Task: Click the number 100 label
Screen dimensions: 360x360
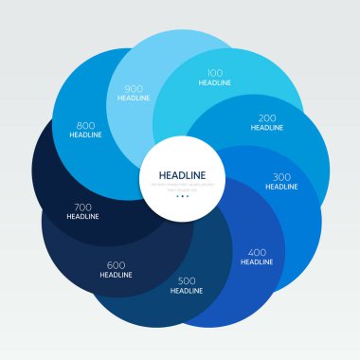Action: click(214, 73)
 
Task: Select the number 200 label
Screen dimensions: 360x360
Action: click(267, 119)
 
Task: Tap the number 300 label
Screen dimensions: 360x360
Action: click(281, 176)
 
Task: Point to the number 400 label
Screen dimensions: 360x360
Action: click(257, 252)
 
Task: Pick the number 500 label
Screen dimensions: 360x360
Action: click(187, 280)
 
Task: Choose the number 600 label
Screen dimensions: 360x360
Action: click(116, 264)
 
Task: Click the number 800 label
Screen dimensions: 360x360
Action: click(85, 124)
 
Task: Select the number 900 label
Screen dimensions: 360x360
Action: click(134, 89)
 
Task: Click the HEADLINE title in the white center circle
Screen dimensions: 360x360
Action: click(180, 174)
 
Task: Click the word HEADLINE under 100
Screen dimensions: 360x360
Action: click(214, 83)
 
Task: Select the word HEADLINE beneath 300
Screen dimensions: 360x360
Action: click(281, 187)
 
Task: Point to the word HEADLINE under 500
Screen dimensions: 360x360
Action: click(187, 291)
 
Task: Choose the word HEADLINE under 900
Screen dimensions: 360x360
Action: click(134, 99)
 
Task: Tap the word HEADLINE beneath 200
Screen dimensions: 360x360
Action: click(267, 130)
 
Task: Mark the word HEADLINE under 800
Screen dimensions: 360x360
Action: click(85, 135)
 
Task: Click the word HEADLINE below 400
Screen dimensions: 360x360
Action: click(257, 262)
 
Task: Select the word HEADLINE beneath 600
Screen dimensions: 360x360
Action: click(116, 275)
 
